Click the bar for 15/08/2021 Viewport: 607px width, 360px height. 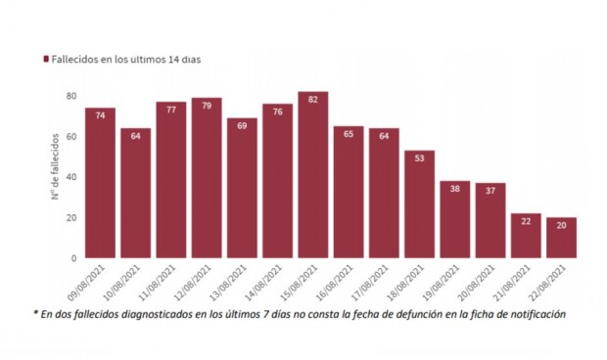pyautogui.click(x=312, y=175)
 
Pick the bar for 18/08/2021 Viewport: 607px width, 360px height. pyautogui.click(x=419, y=204)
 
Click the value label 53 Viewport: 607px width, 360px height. pyautogui.click(x=419, y=158)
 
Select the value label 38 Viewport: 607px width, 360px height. pyautogui.click(x=454, y=189)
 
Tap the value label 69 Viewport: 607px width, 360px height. pyautogui.click(x=242, y=126)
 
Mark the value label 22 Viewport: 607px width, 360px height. pyautogui.click(x=526, y=221)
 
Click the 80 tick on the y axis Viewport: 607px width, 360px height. pyautogui.click(x=71, y=96)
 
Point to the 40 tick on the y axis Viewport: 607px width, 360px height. pyautogui.click(x=71, y=177)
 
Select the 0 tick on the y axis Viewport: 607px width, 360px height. pyautogui.click(x=74, y=258)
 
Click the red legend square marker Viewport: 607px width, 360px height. pyautogui.click(x=45, y=60)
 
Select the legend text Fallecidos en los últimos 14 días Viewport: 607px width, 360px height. pyautogui.click(x=125, y=60)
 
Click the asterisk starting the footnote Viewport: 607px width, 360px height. pyautogui.click(x=35, y=313)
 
